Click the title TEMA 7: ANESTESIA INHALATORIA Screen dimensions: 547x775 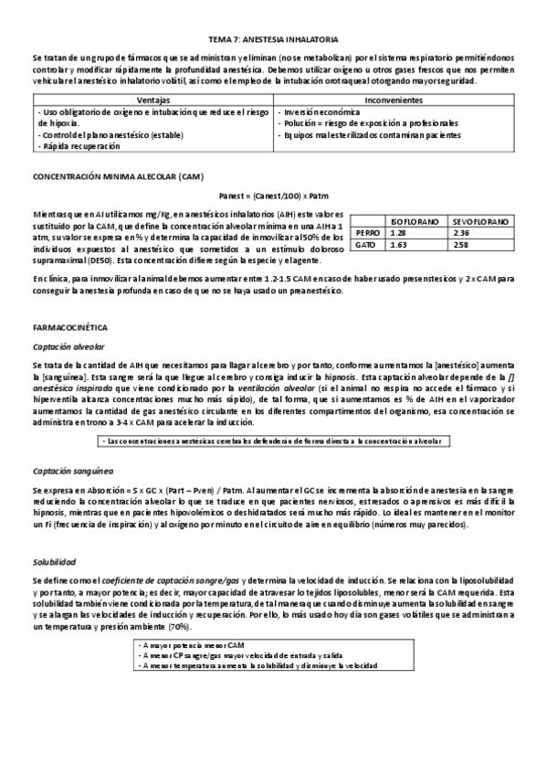(x=273, y=40)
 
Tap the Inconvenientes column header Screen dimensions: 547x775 (x=393, y=99)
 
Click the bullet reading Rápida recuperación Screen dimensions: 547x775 (x=79, y=146)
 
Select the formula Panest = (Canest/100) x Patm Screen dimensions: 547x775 (x=273, y=195)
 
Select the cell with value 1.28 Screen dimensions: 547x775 (x=398, y=233)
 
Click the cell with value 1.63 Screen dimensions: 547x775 (x=398, y=245)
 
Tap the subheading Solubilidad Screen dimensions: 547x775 (x=56, y=561)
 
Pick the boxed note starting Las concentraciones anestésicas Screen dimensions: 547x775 (x=273, y=441)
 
